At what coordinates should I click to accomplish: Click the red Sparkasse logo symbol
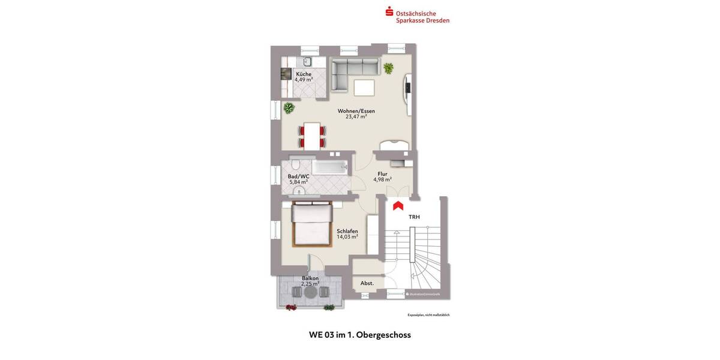tap(389, 11)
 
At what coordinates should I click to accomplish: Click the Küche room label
tap(304, 74)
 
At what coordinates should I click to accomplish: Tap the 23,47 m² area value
tap(356, 117)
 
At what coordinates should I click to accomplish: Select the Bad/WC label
tap(298, 176)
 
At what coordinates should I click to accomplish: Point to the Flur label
tap(382, 174)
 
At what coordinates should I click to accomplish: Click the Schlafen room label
tap(347, 231)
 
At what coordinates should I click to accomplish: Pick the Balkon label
tap(310, 278)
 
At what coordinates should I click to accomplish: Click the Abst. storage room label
tap(367, 283)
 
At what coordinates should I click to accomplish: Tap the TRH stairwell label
tap(414, 217)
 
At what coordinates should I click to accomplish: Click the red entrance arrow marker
tap(397, 206)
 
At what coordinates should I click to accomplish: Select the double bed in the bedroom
tap(312, 225)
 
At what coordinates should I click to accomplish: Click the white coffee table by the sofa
tap(364, 88)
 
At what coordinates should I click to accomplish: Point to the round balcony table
tap(310, 293)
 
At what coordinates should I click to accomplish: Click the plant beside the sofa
tap(389, 68)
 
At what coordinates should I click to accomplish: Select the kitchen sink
tap(307, 61)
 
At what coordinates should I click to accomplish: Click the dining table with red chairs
tap(312, 136)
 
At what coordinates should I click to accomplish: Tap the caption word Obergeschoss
tap(383, 335)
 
